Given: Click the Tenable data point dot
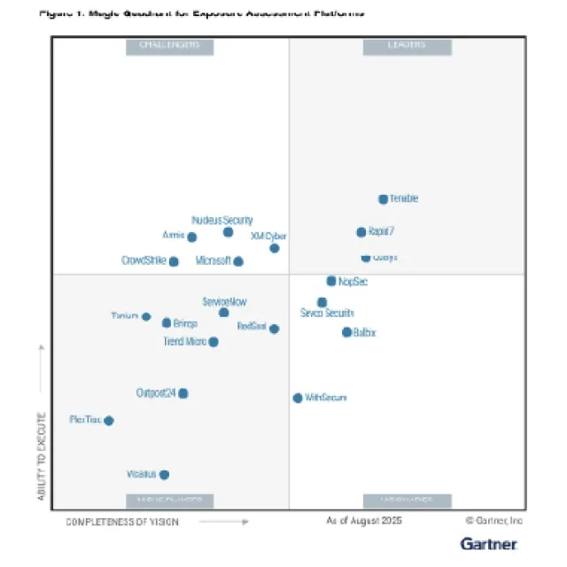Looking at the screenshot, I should coord(383,199).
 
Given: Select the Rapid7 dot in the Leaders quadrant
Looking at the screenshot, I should coord(361,232).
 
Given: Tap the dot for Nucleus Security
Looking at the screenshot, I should coord(228,232).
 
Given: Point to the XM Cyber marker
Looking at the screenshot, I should coord(275,248).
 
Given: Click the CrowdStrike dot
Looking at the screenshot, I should coord(174,261).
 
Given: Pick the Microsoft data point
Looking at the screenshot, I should coord(238,261).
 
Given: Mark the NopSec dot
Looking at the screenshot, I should coord(331,281).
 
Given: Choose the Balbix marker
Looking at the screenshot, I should coord(346,332).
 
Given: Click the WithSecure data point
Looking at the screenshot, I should coord(298,398).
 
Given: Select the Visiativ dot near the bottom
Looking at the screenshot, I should coord(164,475).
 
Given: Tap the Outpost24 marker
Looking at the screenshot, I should coord(183,393).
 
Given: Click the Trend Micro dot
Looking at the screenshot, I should coord(213,342).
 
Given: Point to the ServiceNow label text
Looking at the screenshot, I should coord(224,301).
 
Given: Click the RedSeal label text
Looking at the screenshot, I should coord(252,327).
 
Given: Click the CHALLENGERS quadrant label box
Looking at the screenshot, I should coord(169,46).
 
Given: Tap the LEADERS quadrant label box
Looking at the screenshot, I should coord(407,46).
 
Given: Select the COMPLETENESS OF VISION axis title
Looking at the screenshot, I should coord(122,523).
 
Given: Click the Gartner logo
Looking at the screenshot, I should coord(489,542).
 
